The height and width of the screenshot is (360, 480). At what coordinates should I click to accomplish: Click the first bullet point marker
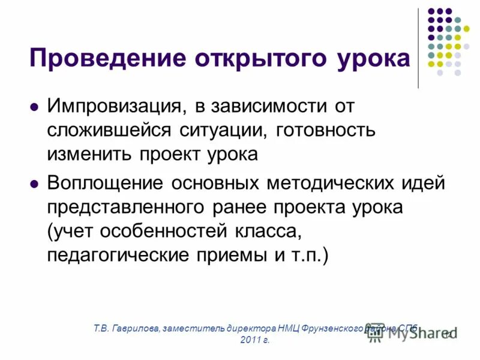pos(34,108)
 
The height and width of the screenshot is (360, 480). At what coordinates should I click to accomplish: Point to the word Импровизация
pos(116,107)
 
